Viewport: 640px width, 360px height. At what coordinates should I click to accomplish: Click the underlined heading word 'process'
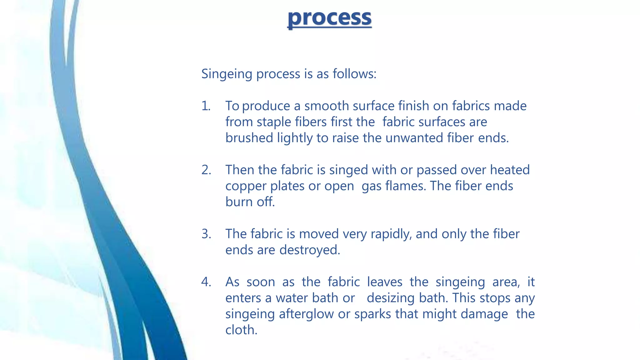(329, 18)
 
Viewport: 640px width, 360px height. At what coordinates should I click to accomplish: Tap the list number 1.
(206, 106)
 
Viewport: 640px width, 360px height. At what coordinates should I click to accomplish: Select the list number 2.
(206, 170)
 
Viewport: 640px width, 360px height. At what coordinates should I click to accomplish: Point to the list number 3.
(206, 234)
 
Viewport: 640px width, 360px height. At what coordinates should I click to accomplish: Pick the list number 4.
(206, 282)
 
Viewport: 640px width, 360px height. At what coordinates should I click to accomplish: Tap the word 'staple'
(274, 122)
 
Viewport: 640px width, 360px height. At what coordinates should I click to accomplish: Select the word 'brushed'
(249, 138)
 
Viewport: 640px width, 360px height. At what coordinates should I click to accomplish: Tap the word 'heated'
(510, 170)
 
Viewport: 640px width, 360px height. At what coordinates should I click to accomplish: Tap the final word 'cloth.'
(241, 330)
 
